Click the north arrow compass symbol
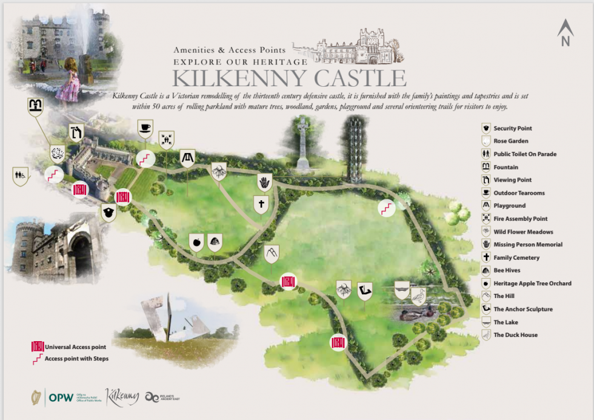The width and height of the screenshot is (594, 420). pos(565,33)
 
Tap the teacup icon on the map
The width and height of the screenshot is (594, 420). pos(145,127)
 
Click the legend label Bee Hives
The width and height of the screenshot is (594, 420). pos(507,270)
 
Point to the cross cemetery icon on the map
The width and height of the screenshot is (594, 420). pos(261,205)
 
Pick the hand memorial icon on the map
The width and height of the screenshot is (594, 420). pos(264,181)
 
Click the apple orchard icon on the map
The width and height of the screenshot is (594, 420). pos(196,243)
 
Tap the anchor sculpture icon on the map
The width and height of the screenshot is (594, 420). pos(364,291)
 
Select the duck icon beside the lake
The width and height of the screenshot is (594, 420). pos(418,297)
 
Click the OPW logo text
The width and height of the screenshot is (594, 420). pos(61,398)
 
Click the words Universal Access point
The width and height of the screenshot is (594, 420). pos(75,347)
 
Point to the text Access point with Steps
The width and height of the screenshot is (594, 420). pos(76,358)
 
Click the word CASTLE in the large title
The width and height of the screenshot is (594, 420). pos(350,78)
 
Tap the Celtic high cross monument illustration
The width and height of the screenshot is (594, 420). pos(302,143)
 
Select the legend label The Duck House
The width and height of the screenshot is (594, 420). pos(515,335)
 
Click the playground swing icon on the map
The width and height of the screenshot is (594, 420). pos(187,158)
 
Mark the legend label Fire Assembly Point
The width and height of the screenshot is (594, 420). pos(520,218)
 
